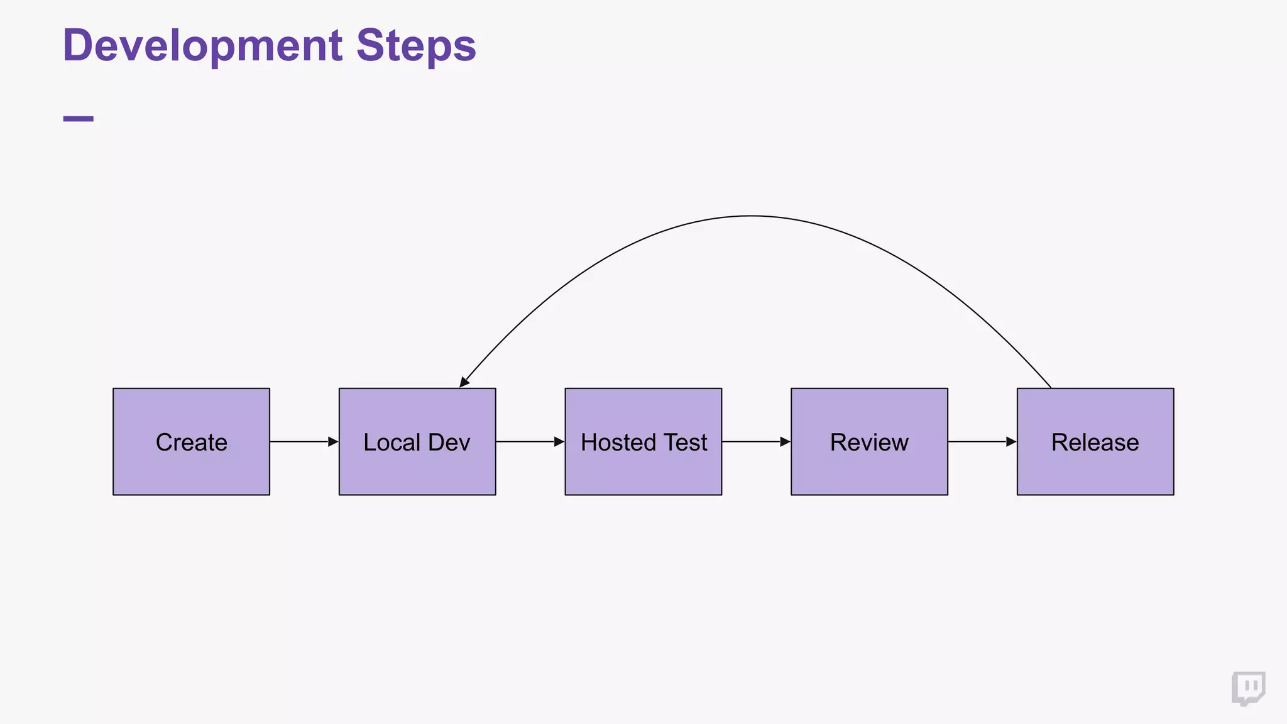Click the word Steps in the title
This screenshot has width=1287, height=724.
(416, 46)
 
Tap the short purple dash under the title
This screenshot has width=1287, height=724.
(79, 119)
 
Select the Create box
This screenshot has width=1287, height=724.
(191, 442)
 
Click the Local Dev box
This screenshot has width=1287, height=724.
(417, 442)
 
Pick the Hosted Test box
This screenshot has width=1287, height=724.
(643, 442)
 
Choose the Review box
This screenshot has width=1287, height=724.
(869, 442)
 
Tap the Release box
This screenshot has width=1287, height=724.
(1095, 442)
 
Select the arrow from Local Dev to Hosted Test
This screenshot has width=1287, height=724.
(530, 442)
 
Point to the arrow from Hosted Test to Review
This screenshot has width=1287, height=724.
(756, 442)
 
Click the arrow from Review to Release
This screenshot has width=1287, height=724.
(982, 442)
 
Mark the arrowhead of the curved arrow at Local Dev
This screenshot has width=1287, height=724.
(464, 381)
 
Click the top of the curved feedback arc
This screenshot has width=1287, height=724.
(751, 216)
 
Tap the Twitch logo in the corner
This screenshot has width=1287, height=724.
(1248, 689)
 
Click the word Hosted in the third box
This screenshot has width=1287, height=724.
(618, 442)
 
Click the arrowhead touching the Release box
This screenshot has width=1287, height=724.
(1011, 442)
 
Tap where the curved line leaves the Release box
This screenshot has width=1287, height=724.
(1049, 387)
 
